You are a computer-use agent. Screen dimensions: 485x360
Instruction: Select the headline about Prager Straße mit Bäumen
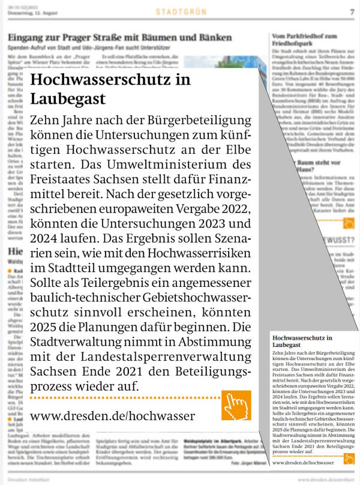(x=119, y=38)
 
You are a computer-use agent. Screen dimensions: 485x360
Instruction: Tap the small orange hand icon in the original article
(x=349, y=459)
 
